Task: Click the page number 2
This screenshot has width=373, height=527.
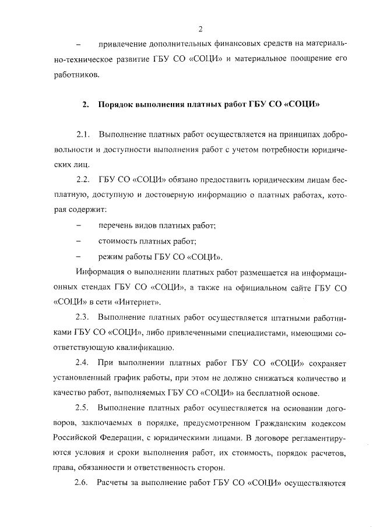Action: (200, 29)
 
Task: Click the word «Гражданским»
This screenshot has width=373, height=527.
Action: (276, 423)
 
